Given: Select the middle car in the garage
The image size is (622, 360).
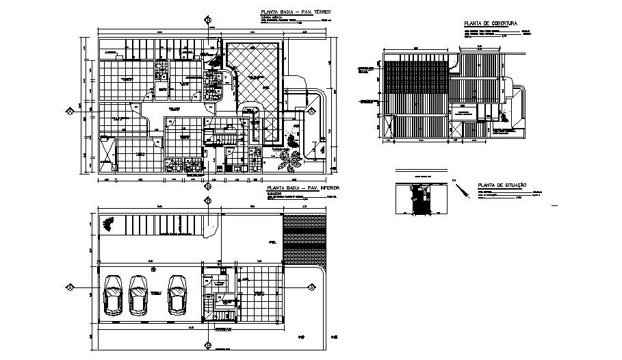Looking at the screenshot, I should pyautogui.click(x=138, y=295).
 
